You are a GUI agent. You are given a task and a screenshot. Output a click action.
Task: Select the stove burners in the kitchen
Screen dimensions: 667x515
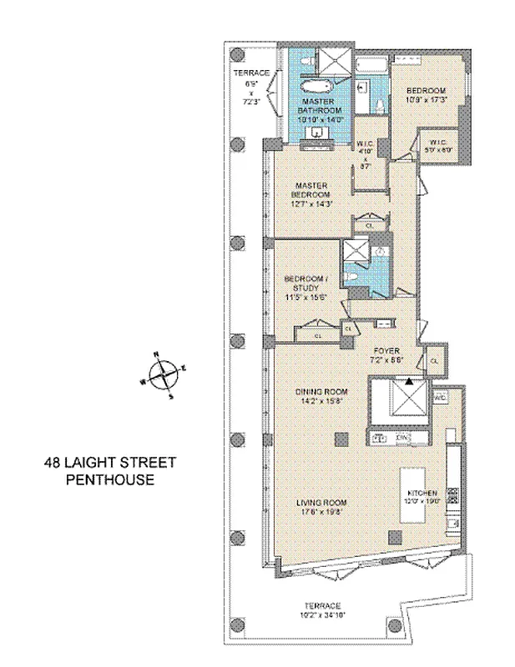(x=453, y=495)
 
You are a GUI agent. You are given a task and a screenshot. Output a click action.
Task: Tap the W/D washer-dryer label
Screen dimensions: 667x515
(x=440, y=398)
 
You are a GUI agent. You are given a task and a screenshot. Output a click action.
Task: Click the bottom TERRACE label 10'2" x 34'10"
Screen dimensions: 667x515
(x=321, y=609)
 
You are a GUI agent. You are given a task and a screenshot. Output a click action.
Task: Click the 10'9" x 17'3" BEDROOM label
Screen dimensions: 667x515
(x=427, y=95)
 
